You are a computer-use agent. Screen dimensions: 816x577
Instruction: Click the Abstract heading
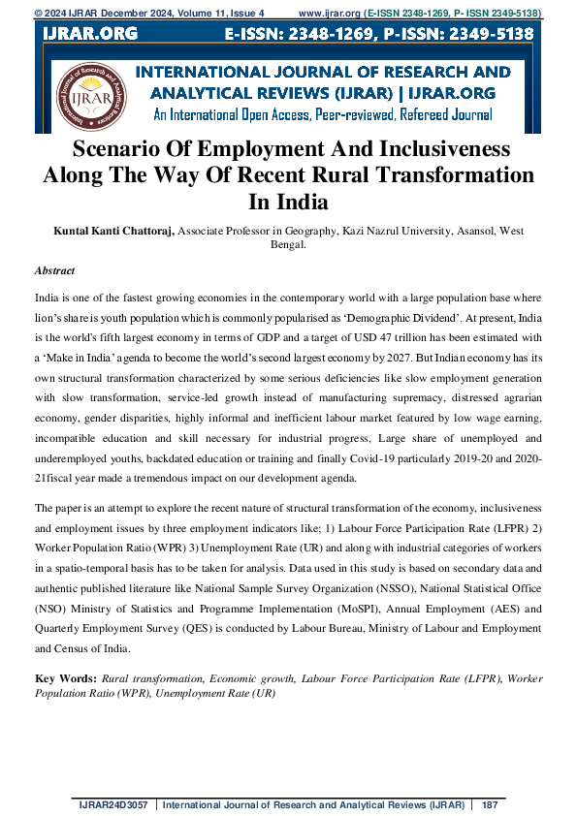tap(54, 271)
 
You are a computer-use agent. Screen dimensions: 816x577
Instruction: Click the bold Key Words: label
tap(66, 678)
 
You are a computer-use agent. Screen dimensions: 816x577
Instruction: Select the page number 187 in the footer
tap(490, 804)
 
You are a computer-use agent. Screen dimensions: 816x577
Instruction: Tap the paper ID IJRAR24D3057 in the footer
tap(115, 804)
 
